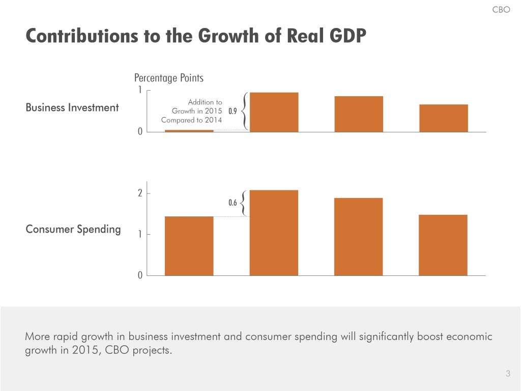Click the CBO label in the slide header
pos(501,10)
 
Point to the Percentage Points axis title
pos(168,78)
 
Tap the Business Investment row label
pos(72,107)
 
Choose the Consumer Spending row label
pos(73,229)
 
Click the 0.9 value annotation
pos(233,111)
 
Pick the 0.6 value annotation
pos(233,203)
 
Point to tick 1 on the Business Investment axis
pos(140,90)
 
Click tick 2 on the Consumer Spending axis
pos(140,193)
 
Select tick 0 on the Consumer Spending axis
pos(140,275)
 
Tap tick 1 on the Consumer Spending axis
pos(140,235)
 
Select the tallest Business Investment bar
pos(274,112)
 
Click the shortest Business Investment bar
pos(189,131)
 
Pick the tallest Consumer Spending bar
pos(274,233)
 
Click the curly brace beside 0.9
pos(245,111)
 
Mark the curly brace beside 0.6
pos(244,203)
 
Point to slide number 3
pos(507,374)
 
